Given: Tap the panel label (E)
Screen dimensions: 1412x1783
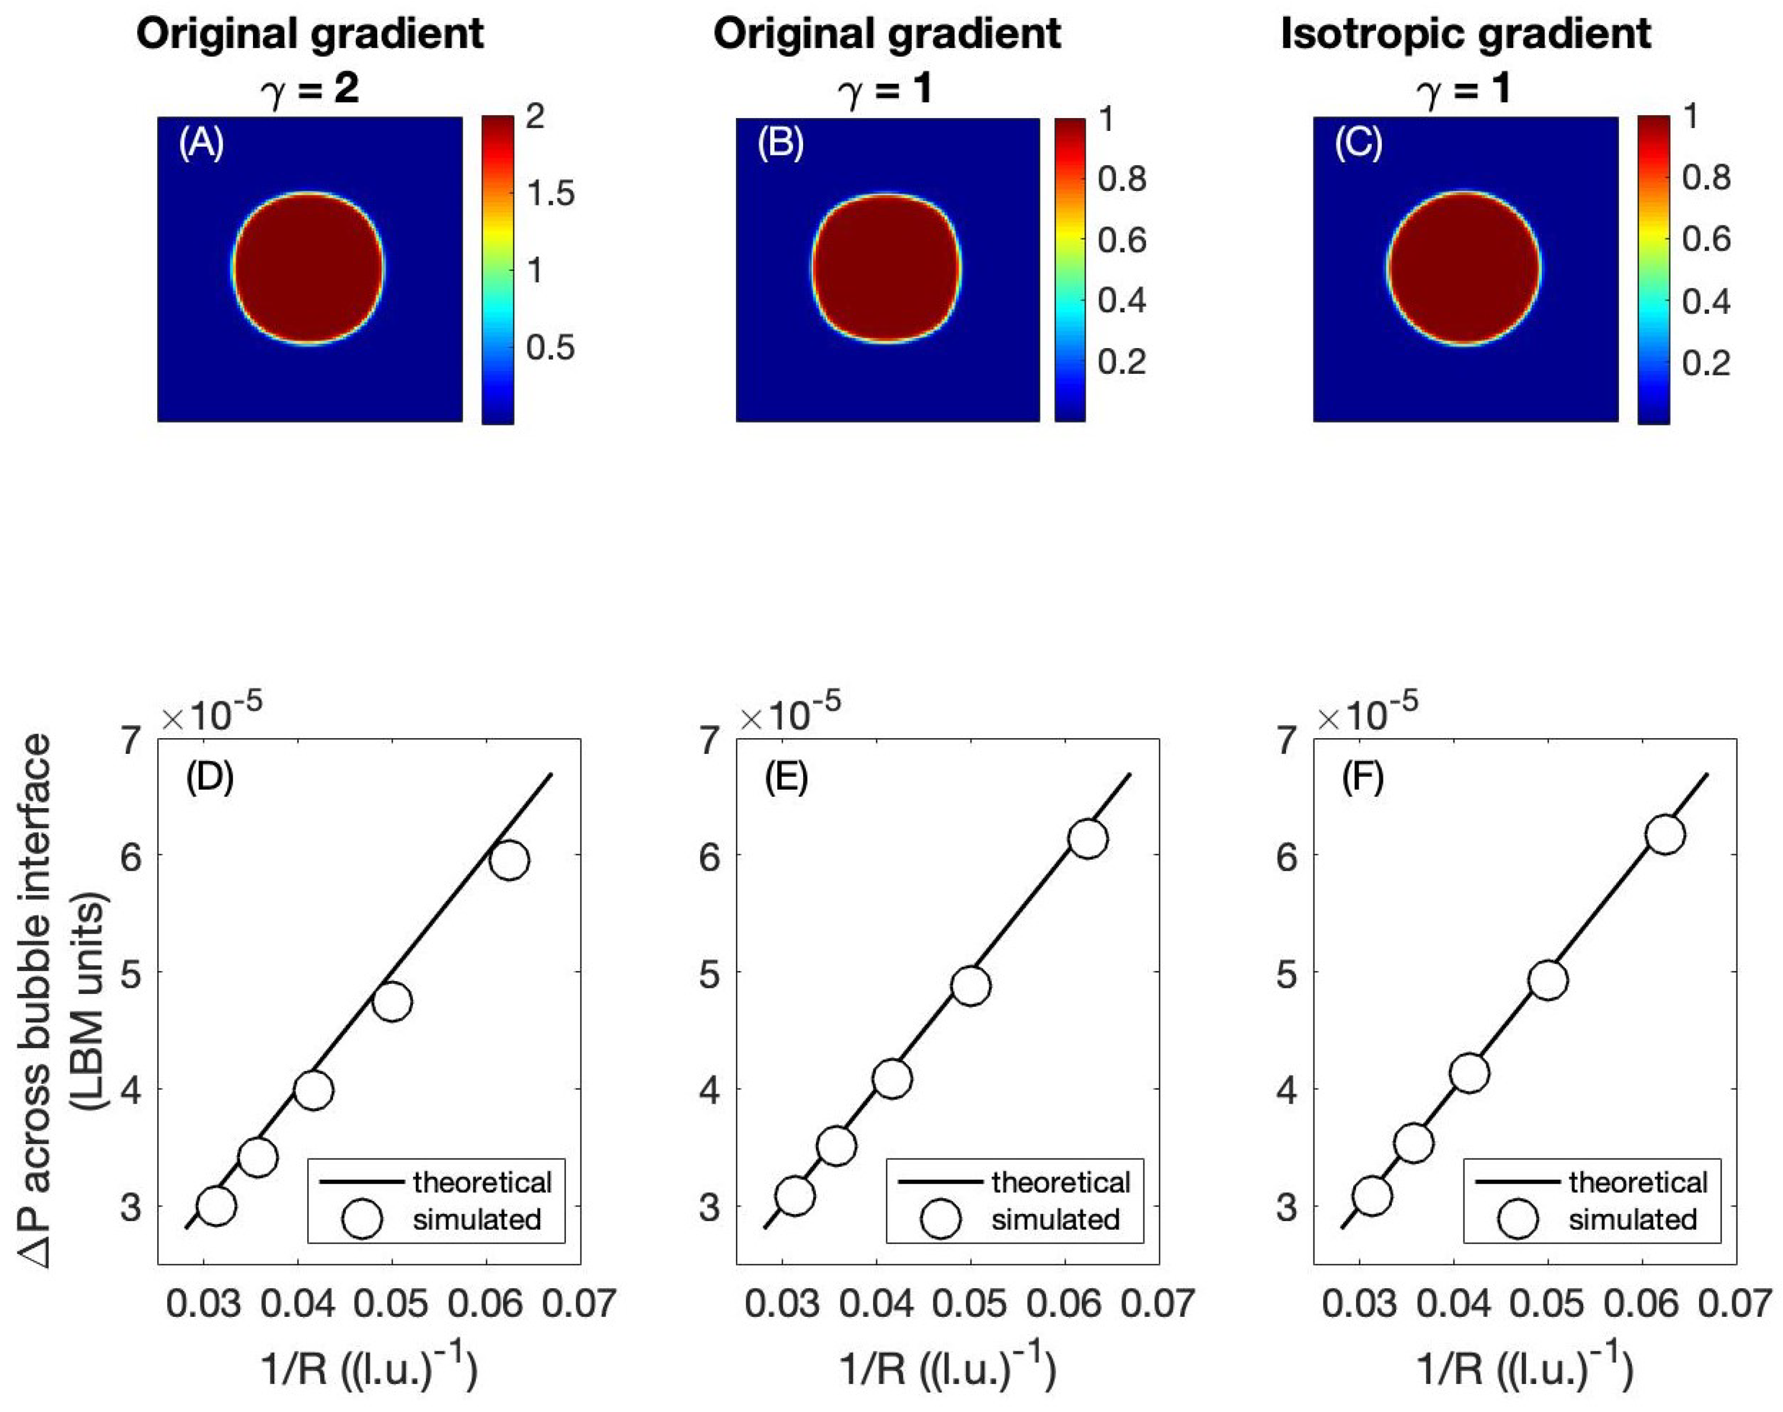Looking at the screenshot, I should (786, 778).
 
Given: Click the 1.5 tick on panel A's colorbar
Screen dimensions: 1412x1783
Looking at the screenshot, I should (551, 194).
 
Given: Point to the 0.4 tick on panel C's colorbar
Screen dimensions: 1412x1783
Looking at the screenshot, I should (1705, 302).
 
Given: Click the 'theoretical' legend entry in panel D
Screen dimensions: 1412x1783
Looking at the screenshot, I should (482, 1182).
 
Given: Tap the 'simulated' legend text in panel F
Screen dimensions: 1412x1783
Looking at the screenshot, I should (1632, 1219).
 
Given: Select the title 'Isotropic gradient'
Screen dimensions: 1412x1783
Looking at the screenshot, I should (1466, 35).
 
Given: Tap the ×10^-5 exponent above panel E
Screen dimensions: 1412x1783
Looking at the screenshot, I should (790, 712).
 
